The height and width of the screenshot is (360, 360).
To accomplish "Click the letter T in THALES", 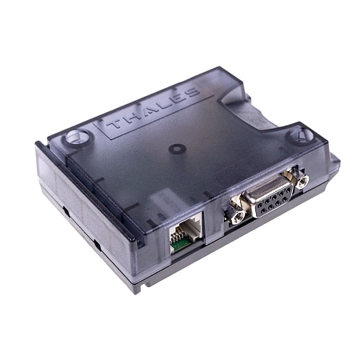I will click(x=113, y=126).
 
